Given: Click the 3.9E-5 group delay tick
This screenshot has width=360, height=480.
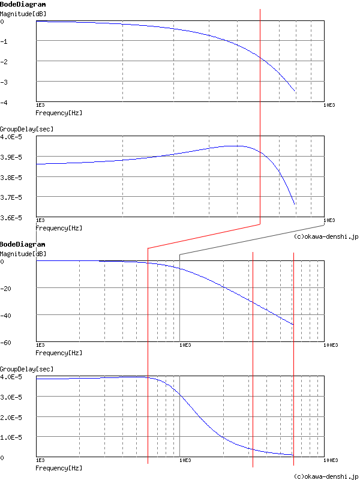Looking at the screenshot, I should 11,157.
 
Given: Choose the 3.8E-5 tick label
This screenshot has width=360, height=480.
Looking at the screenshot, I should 11,178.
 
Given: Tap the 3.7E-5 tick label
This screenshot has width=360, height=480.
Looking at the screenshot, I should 11,197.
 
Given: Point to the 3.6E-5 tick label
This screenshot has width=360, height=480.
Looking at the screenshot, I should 11,218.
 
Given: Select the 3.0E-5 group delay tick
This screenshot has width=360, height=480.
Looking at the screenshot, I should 11,397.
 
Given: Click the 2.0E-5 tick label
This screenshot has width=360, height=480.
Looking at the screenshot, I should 11,417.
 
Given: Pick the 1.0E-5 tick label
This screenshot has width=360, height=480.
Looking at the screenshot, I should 11,437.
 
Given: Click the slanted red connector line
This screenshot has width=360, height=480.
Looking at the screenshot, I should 204,236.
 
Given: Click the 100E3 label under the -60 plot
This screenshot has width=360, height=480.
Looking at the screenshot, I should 331,345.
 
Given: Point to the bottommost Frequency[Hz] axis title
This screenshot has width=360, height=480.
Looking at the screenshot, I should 59,468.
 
